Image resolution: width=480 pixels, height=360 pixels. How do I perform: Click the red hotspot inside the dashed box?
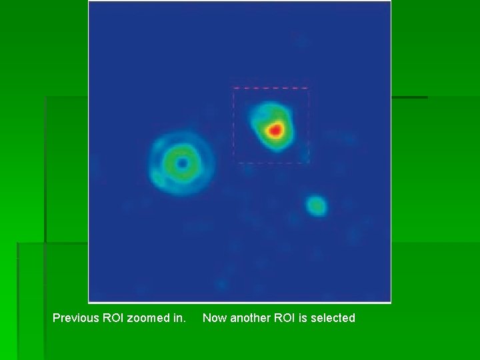point(275,129)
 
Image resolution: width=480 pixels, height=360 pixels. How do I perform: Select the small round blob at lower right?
point(316,206)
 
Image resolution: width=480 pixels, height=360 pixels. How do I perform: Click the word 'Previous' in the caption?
point(75,318)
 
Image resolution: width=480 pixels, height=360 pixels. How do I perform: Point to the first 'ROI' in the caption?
point(113,318)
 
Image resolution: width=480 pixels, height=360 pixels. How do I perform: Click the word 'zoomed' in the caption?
point(150,318)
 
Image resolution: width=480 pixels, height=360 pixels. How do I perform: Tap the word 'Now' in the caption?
point(215,318)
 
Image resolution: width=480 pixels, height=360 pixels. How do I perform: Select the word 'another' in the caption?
point(251,318)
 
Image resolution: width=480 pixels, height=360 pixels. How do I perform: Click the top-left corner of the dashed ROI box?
point(233,88)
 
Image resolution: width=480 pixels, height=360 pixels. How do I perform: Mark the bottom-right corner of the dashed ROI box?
point(308,161)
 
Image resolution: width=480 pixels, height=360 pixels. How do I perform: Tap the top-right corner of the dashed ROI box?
point(308,88)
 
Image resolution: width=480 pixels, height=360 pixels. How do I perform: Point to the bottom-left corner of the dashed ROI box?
point(233,161)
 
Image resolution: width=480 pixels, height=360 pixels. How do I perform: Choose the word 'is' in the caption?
point(303,318)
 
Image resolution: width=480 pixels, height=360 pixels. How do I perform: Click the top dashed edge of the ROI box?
point(271,88)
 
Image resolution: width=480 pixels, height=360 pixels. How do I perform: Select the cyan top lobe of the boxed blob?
point(267,110)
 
